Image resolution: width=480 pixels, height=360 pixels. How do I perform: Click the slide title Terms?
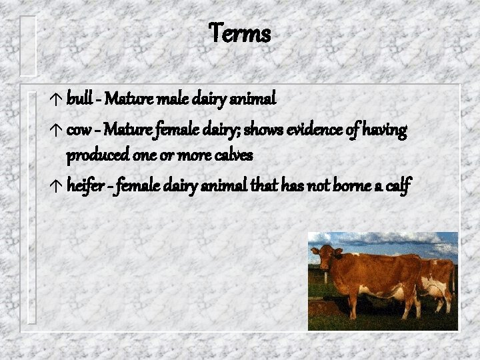click(x=240, y=33)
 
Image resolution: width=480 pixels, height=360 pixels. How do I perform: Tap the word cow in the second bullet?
click(x=78, y=129)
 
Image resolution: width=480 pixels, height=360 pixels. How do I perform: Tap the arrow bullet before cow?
click(x=56, y=130)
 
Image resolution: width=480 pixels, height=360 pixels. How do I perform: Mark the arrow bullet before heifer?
click(x=56, y=188)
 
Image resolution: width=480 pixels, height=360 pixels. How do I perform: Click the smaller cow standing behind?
click(x=437, y=280)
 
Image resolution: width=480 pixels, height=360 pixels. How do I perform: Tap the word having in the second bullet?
click(x=385, y=129)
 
